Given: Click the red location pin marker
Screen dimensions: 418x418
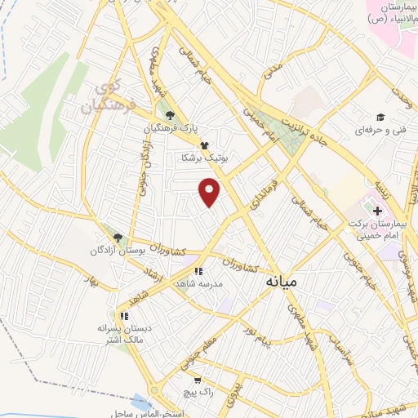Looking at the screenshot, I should pyautogui.click(x=211, y=191).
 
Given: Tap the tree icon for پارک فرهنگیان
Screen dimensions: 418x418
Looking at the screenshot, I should pyautogui.click(x=170, y=116).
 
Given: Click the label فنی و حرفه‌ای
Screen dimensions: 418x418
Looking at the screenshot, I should pyautogui.click(x=380, y=130).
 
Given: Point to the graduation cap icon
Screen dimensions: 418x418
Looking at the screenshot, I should pyautogui.click(x=380, y=116).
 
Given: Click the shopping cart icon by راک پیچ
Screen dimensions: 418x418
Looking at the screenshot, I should pyautogui.click(x=198, y=380).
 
